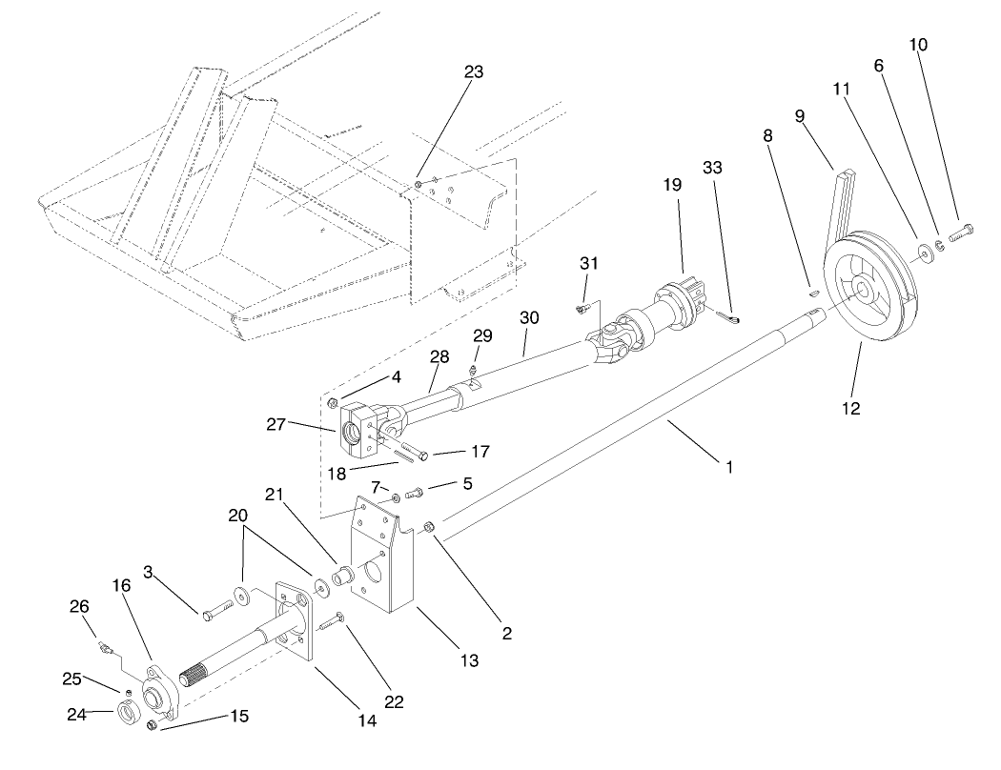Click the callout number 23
[x=475, y=71]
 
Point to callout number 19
[x=673, y=185]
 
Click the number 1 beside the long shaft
[x=729, y=468]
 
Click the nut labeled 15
[x=152, y=729]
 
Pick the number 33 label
[x=712, y=167]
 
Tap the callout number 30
[x=529, y=316]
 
